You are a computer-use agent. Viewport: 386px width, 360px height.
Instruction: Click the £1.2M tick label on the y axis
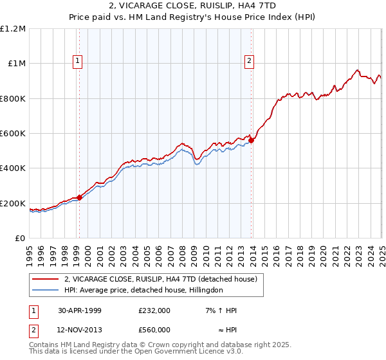pos(13,28)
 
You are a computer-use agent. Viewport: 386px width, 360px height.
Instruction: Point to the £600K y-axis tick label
pos(13,134)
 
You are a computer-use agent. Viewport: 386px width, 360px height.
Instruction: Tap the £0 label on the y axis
pos(21,239)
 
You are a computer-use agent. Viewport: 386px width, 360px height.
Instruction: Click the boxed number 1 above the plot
pos(77,61)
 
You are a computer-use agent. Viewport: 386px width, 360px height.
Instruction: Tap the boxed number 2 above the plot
pos(249,61)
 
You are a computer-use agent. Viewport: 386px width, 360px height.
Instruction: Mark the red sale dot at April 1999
pos(80,198)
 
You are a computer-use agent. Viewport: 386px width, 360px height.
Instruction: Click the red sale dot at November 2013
pos(251,141)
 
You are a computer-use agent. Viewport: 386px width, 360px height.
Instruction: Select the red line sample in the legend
pos(46,279)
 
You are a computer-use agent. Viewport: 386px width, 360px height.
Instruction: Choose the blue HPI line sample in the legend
pos(46,290)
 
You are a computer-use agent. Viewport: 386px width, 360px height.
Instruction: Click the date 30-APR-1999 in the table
pos(79,310)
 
